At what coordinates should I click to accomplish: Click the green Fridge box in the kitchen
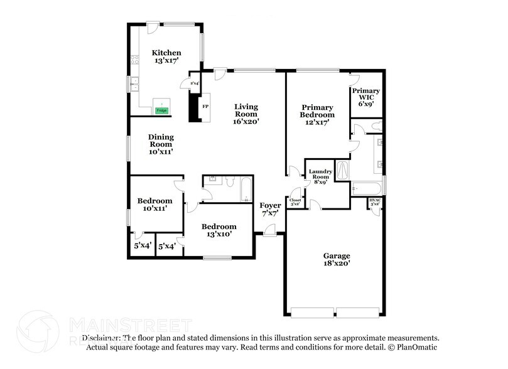click(161, 110)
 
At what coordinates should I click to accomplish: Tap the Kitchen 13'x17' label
click(167, 57)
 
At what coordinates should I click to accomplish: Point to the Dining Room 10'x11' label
click(161, 144)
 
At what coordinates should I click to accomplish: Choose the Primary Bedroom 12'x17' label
click(316, 115)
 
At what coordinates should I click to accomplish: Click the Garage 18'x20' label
click(337, 260)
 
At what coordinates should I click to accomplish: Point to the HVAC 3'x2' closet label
click(375, 203)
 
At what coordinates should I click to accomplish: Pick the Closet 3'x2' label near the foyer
click(295, 202)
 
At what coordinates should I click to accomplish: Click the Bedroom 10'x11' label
click(154, 205)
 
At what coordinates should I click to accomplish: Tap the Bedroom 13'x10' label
click(219, 230)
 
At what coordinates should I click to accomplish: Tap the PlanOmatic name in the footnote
click(416, 347)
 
